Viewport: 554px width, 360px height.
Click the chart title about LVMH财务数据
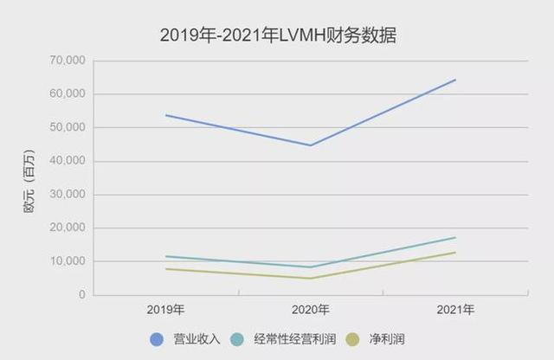[277, 35]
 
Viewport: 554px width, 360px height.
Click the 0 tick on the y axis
[82, 295]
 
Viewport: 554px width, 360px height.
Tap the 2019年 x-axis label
[165, 310]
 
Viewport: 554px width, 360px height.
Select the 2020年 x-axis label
[310, 310]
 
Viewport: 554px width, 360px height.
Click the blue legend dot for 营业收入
[157, 338]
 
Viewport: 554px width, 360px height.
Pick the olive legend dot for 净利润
[351, 338]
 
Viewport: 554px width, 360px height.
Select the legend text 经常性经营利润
[291, 338]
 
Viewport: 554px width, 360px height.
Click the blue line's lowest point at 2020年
[310, 145]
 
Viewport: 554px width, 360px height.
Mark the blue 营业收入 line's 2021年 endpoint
[455, 80]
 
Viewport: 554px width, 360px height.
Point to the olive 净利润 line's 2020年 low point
[310, 279]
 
